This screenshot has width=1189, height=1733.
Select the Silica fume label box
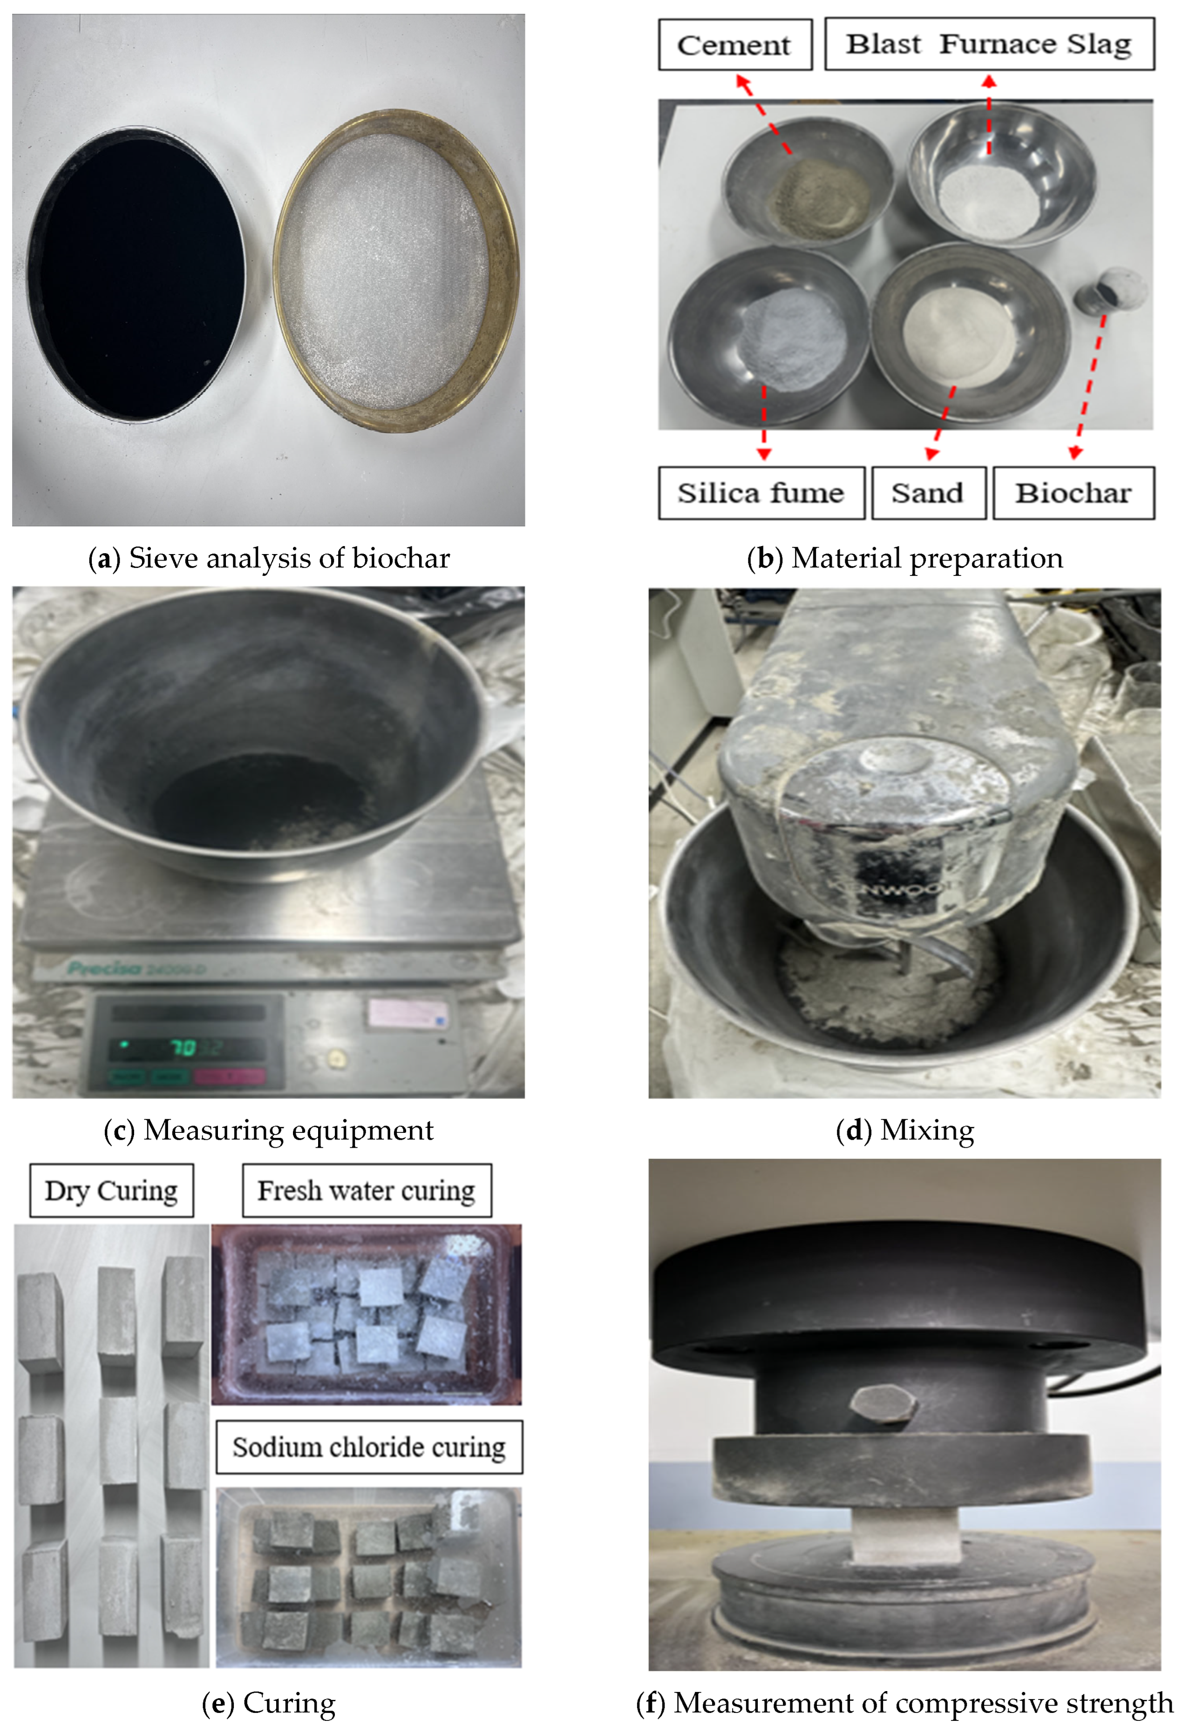[x=761, y=493]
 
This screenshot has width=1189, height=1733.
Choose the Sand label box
[x=928, y=493]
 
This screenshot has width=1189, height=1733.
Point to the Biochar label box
[x=1073, y=493]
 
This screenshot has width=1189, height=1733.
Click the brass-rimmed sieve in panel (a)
[x=395, y=270]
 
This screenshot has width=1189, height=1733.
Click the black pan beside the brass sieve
[x=136, y=274]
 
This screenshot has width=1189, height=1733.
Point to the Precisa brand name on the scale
[x=104, y=968]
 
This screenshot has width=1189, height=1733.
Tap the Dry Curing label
[x=111, y=1190]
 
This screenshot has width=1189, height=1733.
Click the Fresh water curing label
[x=366, y=1190]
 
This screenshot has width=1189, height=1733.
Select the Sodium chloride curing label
[x=368, y=1448]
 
